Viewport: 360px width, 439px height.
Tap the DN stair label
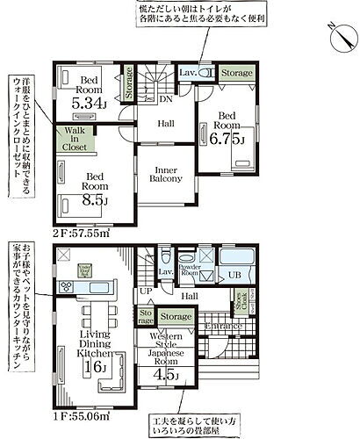pyautogui.click(x=165, y=99)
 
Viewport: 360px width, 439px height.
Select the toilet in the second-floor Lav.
pyautogui.click(x=207, y=74)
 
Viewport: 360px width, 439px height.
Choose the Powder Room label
pyautogui.click(x=190, y=271)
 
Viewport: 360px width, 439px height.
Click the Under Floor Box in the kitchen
pyautogui.click(x=84, y=269)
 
